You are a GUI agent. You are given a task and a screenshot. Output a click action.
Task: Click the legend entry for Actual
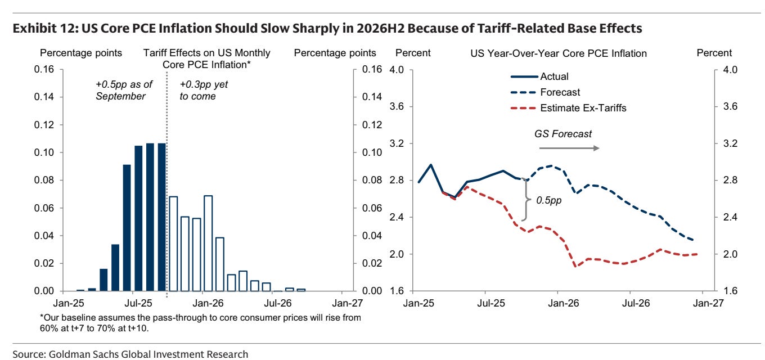(x=554, y=76)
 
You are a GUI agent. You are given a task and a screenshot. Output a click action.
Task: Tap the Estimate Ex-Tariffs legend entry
(x=583, y=108)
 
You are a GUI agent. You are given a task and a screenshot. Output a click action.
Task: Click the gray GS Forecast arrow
(x=569, y=148)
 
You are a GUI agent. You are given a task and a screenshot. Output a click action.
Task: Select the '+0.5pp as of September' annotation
(x=120, y=91)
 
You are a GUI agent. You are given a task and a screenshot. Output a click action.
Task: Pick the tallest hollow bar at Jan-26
(x=208, y=243)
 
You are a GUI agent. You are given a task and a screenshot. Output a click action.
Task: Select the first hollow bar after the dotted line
(x=173, y=244)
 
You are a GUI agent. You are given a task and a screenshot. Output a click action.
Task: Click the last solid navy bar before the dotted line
(x=161, y=217)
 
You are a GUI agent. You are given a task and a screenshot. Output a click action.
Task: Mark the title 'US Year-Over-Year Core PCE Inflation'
(x=559, y=53)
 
